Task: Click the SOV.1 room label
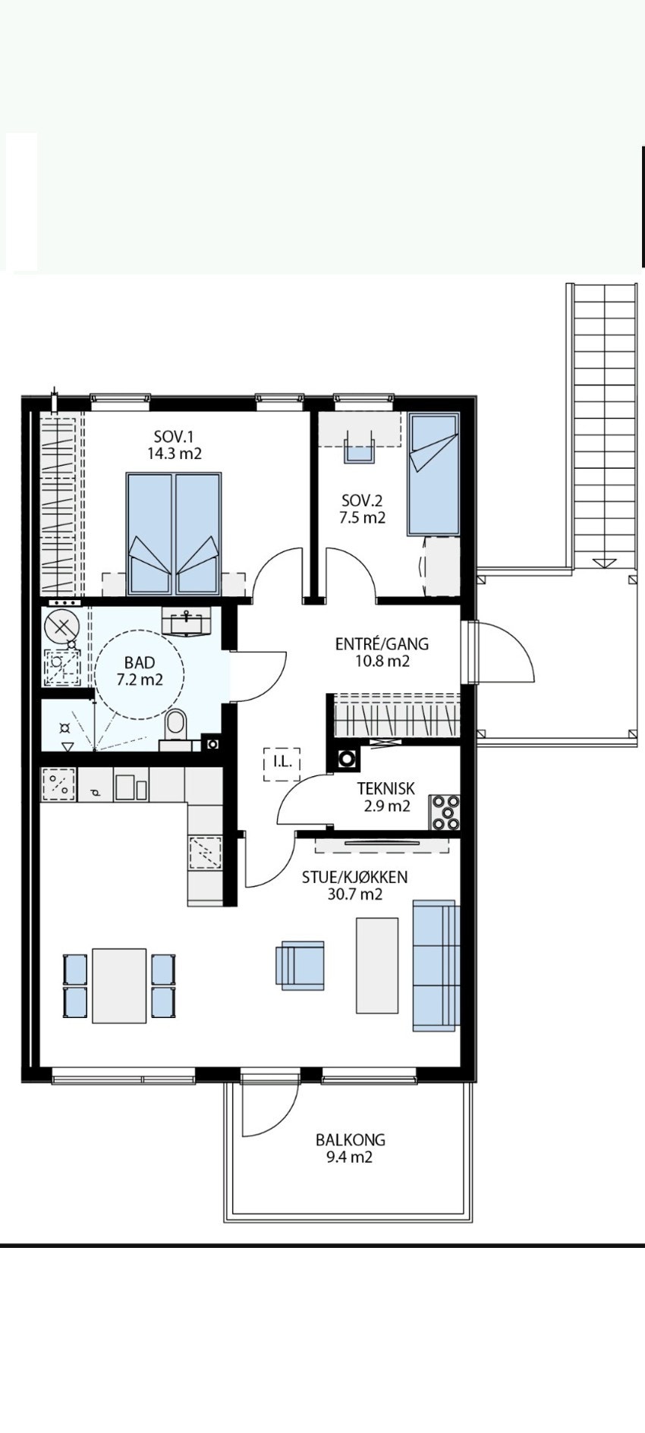click(x=174, y=437)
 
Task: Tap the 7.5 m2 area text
click(x=363, y=518)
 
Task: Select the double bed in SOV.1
click(x=175, y=533)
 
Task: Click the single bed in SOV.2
click(x=434, y=474)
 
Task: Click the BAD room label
click(x=140, y=664)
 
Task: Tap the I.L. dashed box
click(x=282, y=764)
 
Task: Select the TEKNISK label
click(x=386, y=789)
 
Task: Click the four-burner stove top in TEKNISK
click(x=445, y=812)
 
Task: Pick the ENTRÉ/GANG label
click(x=382, y=644)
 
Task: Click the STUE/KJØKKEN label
click(x=354, y=878)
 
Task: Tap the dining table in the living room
click(x=119, y=985)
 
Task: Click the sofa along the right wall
click(x=436, y=966)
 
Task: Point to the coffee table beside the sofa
click(x=377, y=965)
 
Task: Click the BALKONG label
click(x=351, y=1139)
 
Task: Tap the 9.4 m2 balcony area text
click(x=351, y=1158)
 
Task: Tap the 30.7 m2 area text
click(x=354, y=895)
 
